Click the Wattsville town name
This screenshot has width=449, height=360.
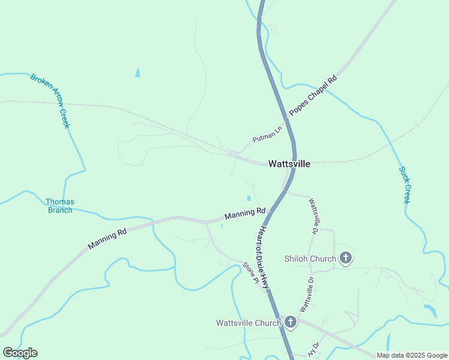289,164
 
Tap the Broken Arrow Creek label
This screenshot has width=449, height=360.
50,101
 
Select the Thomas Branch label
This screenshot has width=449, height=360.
60,206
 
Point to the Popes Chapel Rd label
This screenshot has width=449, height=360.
313,95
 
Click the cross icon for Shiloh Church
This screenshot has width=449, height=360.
345,259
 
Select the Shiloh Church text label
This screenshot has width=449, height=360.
310,259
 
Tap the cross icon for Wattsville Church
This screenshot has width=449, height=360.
290,323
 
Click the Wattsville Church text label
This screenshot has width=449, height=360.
249,323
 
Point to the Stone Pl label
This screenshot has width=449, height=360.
250,274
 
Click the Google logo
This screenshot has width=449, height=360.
20,353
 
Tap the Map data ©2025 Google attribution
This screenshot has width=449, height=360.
412,355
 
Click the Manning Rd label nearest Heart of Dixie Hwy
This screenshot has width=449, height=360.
245,213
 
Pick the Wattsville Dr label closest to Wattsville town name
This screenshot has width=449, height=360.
313,217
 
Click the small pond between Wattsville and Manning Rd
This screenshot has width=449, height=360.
249,198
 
